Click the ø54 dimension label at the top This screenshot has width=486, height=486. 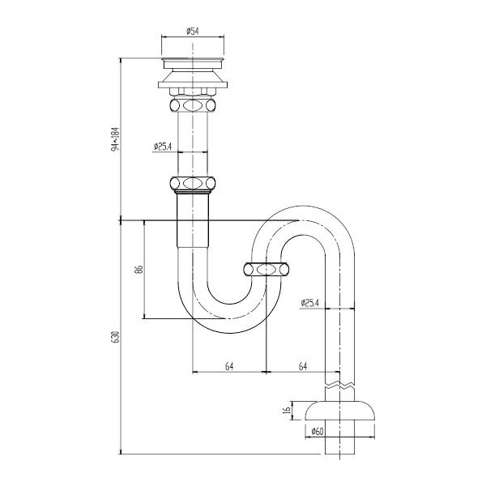coord(194,31)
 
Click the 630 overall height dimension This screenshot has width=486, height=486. coord(116,336)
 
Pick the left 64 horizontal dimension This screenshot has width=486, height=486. coord(229,367)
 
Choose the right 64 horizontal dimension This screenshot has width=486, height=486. coord(302,367)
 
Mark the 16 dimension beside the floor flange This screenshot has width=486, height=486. coord(286,412)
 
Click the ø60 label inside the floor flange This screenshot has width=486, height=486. coord(318,431)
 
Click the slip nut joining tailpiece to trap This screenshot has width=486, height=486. coord(194,184)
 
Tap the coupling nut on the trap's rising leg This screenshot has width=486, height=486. coord(266,268)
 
